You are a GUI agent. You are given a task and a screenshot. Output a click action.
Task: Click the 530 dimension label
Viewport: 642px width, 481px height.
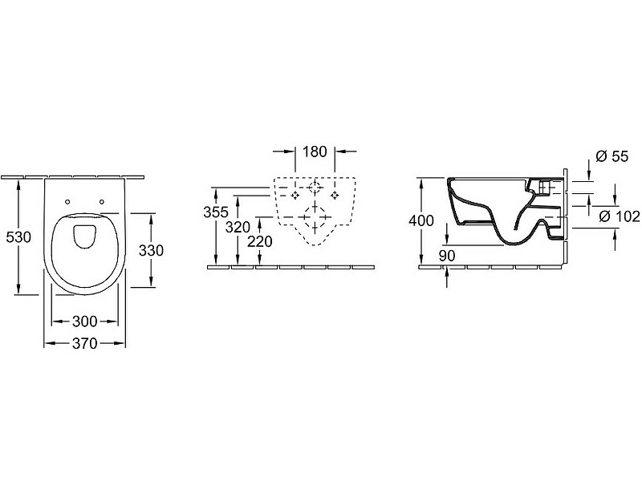tap(18, 237)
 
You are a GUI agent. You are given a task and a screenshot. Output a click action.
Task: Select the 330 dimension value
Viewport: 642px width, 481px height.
tap(151, 250)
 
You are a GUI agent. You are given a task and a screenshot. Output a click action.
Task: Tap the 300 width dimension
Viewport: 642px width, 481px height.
tap(85, 321)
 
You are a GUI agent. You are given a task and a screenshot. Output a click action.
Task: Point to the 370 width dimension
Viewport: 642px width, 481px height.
tap(85, 344)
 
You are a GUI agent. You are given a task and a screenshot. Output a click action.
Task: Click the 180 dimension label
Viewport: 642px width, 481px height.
tap(315, 152)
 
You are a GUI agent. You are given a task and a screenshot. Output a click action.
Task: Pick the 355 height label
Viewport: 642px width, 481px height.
tap(216, 212)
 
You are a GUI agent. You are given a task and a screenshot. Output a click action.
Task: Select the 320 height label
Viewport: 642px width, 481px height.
tap(238, 227)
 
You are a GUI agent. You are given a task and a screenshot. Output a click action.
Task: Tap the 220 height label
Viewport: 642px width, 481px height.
tap(260, 242)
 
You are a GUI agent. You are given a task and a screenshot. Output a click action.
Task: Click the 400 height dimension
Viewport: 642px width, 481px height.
tap(421, 221)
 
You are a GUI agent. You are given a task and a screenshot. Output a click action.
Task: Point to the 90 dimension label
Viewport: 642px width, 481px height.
tap(447, 256)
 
